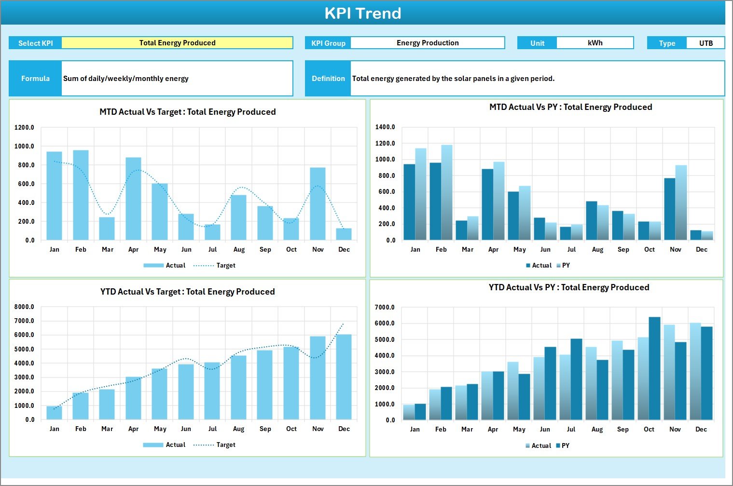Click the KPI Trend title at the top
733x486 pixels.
click(x=362, y=13)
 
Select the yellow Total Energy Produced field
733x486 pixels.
click(x=177, y=43)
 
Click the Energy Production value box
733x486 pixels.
click(x=427, y=43)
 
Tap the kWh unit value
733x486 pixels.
click(x=595, y=43)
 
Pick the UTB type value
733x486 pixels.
click(x=705, y=43)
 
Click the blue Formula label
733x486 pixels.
click(x=35, y=78)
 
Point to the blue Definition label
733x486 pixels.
click(x=328, y=78)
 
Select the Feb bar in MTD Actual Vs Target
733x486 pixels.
click(x=81, y=195)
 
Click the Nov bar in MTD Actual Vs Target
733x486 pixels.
click(x=318, y=204)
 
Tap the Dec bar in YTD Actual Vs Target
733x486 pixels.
click(x=344, y=377)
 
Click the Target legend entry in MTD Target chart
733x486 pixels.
click(x=215, y=266)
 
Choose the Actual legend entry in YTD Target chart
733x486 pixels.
click(x=165, y=445)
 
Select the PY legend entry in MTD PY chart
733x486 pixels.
click(x=563, y=266)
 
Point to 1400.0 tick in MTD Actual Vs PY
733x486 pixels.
click(x=385, y=127)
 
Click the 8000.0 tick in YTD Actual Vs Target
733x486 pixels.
click(x=24, y=307)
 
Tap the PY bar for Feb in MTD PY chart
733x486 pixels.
click(x=447, y=192)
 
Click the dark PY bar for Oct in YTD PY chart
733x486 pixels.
click(x=654, y=368)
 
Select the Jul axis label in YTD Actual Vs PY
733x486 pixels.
click(x=571, y=429)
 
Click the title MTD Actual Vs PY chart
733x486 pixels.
click(x=570, y=107)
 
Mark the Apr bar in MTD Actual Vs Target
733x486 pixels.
click(x=133, y=199)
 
